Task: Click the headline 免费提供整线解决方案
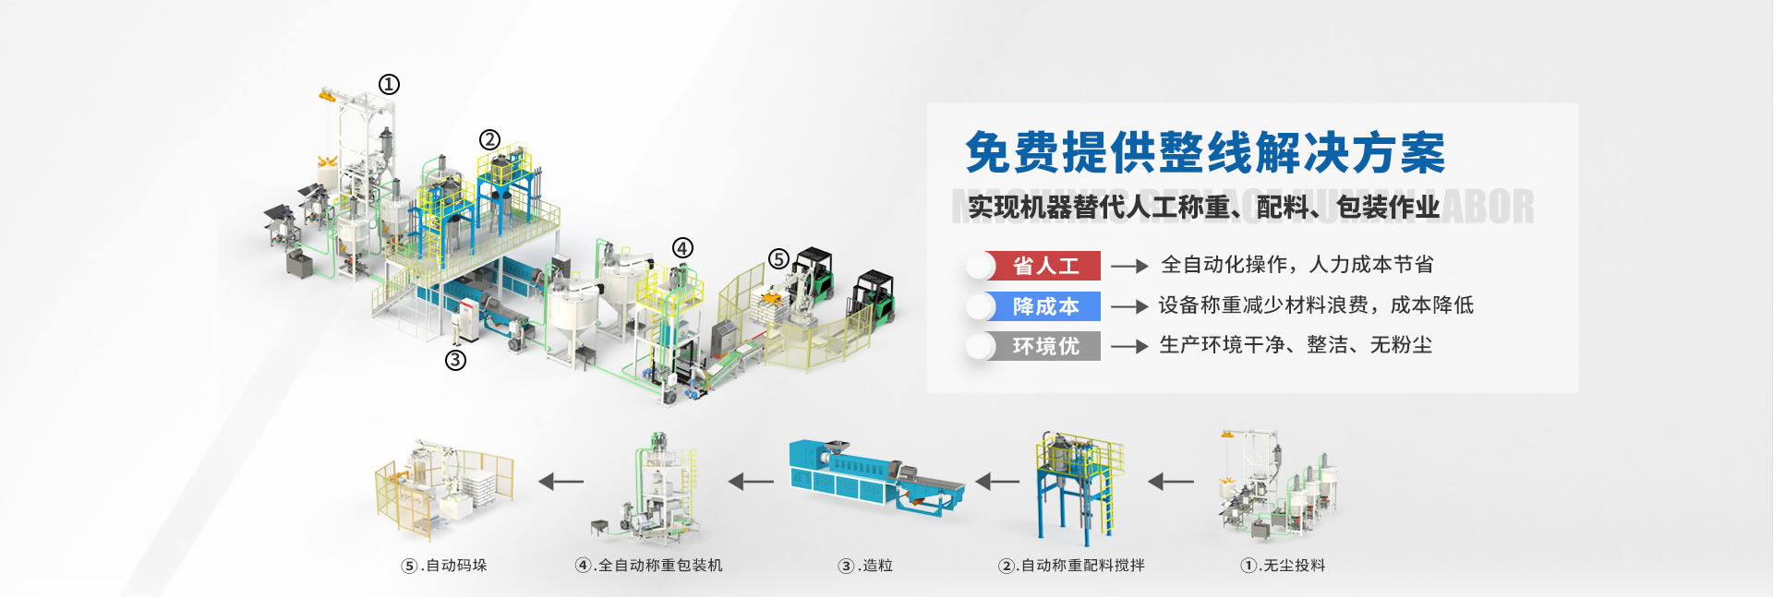pos(1205,152)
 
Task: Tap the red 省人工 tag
pos(1045,266)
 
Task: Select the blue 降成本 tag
pos(1045,306)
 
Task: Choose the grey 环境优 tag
pos(1045,346)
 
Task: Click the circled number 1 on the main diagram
pos(389,84)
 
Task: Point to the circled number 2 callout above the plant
pos(489,139)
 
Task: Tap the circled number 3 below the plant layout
pos(455,360)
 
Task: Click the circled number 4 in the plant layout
pos(681,247)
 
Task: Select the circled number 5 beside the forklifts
pos(778,258)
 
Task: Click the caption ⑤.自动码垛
pos(444,565)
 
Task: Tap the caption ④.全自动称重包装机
pos(648,565)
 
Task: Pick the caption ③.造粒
pos(865,565)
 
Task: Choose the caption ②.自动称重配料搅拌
pos(1071,565)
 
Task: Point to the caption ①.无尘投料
pos(1283,565)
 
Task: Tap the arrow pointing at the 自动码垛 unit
pos(561,481)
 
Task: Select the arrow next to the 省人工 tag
pos(1128,266)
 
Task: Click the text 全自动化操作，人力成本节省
pos(1297,265)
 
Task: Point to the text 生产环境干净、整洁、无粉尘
pos(1296,345)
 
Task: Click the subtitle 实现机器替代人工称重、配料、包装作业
pos(1203,208)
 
